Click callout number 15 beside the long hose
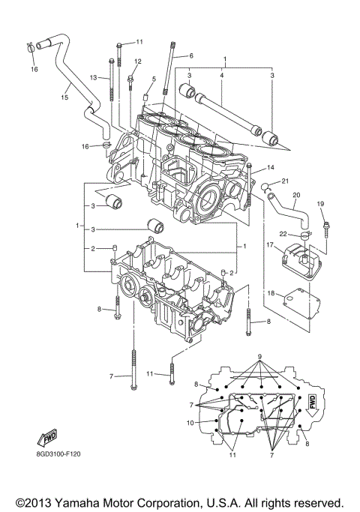pyautogui.click(x=64, y=97)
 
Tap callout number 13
pyautogui.click(x=94, y=77)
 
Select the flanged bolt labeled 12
pyautogui.click(x=131, y=76)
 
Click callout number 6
pyautogui.click(x=191, y=55)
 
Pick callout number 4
pyautogui.click(x=222, y=75)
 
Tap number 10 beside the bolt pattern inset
pyautogui.click(x=191, y=422)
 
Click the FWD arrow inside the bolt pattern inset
pyautogui.click(x=310, y=406)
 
